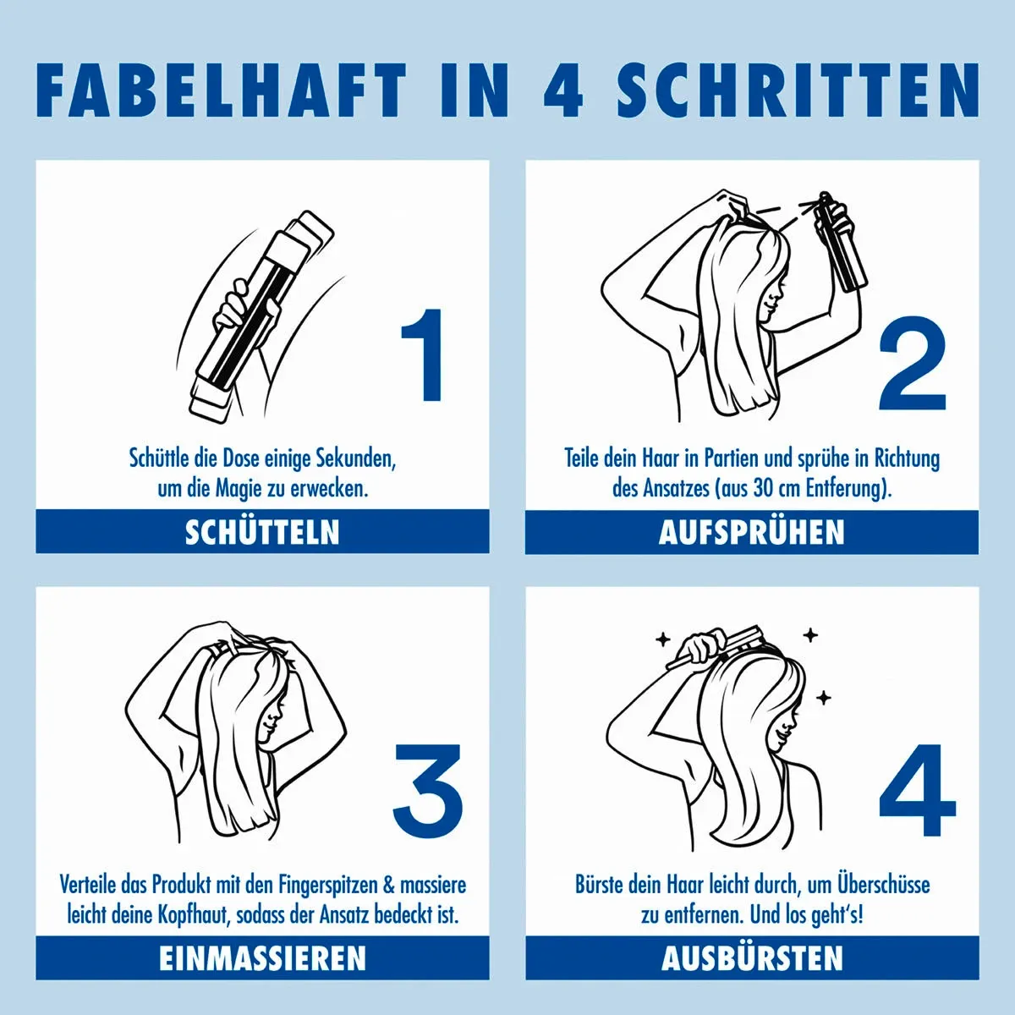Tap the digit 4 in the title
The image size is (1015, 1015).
click(x=563, y=90)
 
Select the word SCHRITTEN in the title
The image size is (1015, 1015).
click(x=798, y=90)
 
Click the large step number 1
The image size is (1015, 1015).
click(x=421, y=355)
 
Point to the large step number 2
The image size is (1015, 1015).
click(x=913, y=364)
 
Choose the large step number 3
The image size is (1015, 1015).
click(x=428, y=788)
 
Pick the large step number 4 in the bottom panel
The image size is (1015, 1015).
click(x=918, y=789)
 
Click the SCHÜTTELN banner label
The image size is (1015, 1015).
click(x=262, y=532)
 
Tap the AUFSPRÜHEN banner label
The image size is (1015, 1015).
click(x=752, y=532)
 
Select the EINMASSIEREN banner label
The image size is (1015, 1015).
click(x=262, y=958)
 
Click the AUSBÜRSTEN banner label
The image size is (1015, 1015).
click(x=752, y=958)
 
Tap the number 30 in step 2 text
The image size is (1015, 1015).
click(x=763, y=490)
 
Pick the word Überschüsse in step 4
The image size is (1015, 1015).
click(x=884, y=885)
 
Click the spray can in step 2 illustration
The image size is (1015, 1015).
click(x=840, y=241)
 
